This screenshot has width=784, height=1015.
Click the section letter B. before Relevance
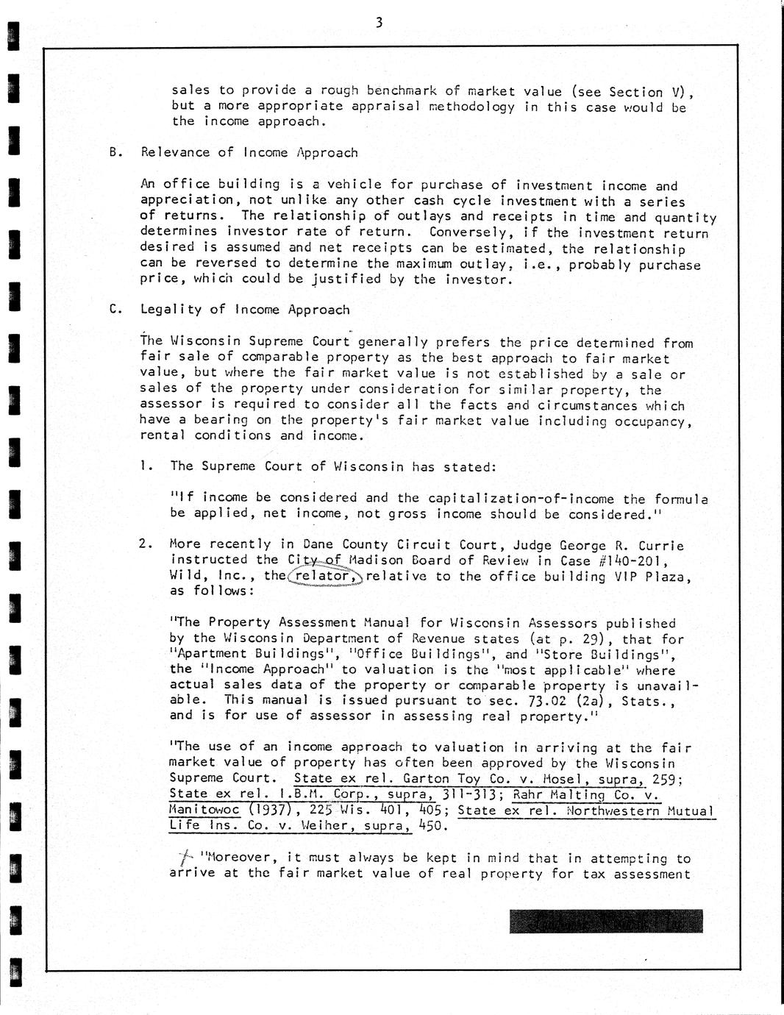[114, 153]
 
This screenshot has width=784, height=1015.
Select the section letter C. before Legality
[114, 310]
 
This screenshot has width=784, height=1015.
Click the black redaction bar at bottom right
[605, 921]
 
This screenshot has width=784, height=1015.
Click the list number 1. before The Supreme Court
[146, 466]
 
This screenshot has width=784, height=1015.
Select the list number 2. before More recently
[146, 544]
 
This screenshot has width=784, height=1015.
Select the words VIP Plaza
[652, 577]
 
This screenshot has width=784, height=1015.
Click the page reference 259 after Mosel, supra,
[666, 778]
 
